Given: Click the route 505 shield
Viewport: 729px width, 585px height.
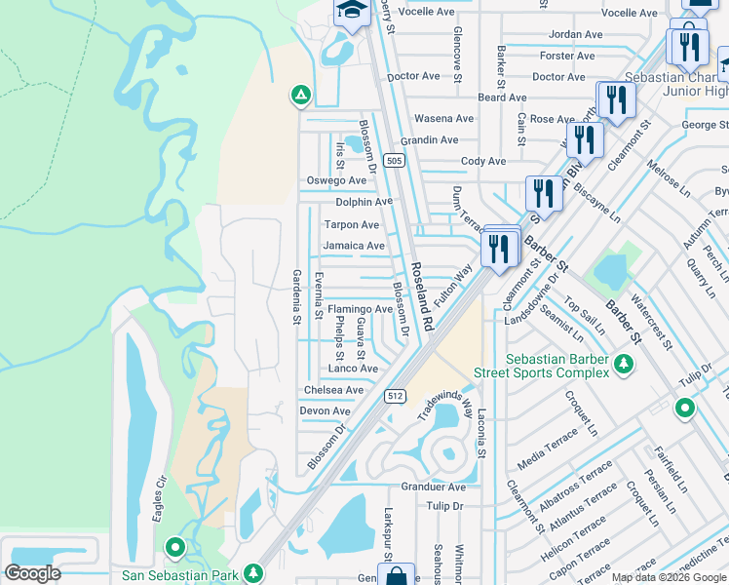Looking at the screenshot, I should click(393, 160).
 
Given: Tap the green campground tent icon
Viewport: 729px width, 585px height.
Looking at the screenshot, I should click(300, 96).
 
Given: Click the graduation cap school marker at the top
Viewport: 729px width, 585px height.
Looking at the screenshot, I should click(349, 11).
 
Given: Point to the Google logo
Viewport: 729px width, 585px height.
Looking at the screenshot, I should click(32, 573).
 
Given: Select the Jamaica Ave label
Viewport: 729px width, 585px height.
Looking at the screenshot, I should click(354, 246).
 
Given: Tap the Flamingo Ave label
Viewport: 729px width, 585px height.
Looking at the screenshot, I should click(359, 309).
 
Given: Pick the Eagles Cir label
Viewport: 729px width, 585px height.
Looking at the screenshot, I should click(157, 500).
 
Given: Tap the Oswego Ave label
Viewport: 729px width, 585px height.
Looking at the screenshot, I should click(336, 180).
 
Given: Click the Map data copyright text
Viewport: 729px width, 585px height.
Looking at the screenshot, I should click(669, 577).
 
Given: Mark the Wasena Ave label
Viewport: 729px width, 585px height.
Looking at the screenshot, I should click(443, 119).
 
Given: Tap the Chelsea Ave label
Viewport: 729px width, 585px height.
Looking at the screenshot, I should click(333, 390).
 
